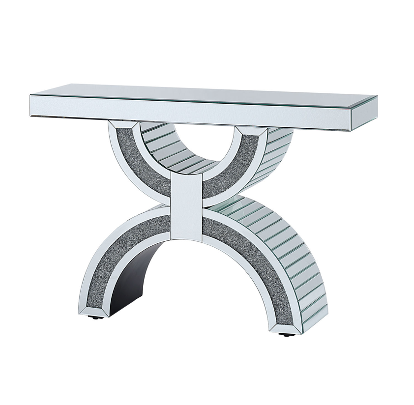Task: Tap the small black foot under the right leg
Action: [x=285, y=335]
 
